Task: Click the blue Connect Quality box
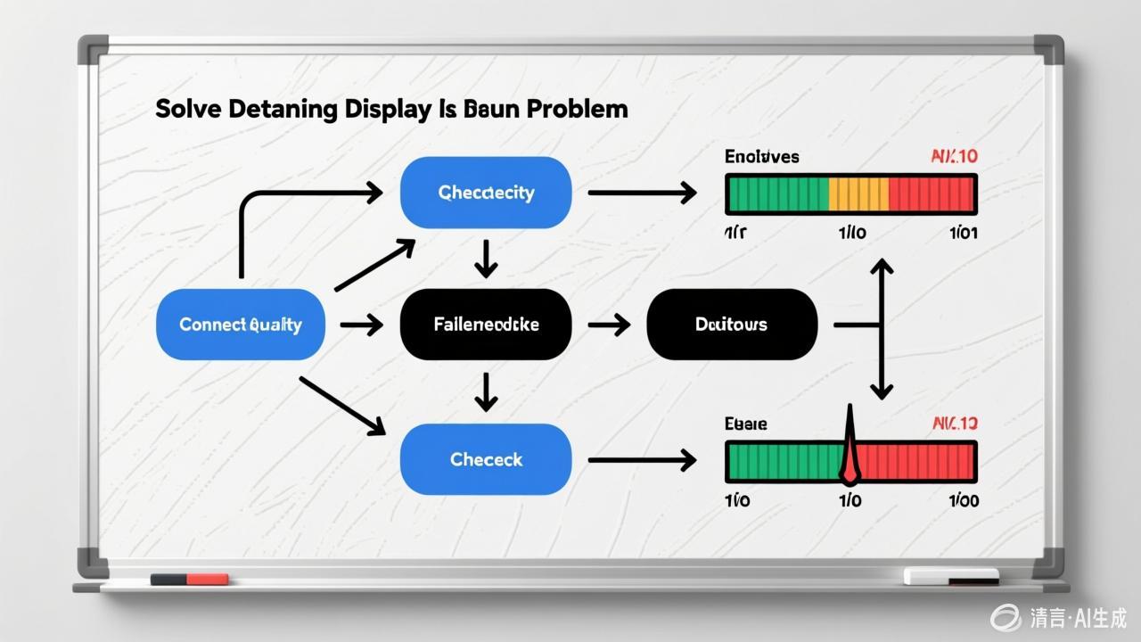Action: [x=240, y=325]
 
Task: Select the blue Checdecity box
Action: [x=486, y=193]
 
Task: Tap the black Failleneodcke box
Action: [x=486, y=325]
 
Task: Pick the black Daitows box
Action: [x=731, y=325]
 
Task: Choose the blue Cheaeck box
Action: [x=486, y=460]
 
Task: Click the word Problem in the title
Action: [x=577, y=110]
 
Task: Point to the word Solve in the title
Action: [x=187, y=110]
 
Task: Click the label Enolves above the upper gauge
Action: [x=761, y=157]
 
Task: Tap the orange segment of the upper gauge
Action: [x=858, y=193]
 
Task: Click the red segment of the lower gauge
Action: [x=918, y=461]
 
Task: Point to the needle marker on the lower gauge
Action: [x=849, y=446]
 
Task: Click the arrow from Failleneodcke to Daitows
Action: [x=610, y=325]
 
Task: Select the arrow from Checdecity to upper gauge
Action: [x=642, y=193]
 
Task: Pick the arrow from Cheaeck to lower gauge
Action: [x=642, y=460]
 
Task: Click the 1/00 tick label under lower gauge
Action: [x=963, y=500]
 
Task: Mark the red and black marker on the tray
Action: [x=189, y=580]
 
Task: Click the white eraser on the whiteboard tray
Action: [x=950, y=576]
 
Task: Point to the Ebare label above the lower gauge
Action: [x=746, y=424]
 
